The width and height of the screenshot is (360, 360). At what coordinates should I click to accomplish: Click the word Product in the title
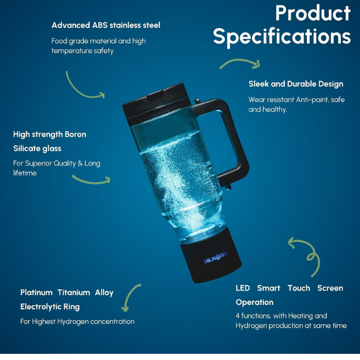pyautogui.click(x=313, y=13)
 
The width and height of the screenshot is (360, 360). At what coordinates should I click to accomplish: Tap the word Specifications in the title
pyautogui.click(x=282, y=37)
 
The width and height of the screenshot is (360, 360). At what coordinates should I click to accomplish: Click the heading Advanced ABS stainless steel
pyautogui.click(x=106, y=25)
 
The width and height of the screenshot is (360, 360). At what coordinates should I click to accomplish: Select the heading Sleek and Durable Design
pyautogui.click(x=296, y=84)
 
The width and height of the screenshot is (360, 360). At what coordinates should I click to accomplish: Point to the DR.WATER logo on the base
pyautogui.click(x=215, y=258)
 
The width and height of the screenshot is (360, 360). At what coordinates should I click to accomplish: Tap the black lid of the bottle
pyautogui.click(x=156, y=103)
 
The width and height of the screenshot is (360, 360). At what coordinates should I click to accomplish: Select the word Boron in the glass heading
pyautogui.click(x=76, y=134)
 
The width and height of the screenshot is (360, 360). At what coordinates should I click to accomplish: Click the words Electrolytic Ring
pyautogui.click(x=50, y=307)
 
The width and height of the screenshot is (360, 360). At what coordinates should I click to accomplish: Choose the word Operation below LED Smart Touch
pyautogui.click(x=255, y=302)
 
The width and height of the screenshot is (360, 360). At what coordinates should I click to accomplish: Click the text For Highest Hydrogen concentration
pyautogui.click(x=77, y=321)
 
